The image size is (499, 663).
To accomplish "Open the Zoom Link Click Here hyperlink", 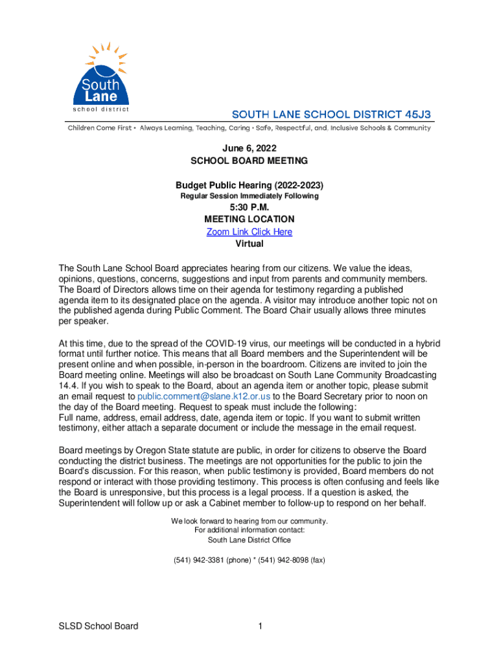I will [x=249, y=232].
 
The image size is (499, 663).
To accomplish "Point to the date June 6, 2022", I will [x=249, y=148].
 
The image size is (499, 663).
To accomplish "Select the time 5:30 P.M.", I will [x=249, y=207].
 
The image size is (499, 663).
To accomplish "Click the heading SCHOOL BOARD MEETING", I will [x=249, y=161].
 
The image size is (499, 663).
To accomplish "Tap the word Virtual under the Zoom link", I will [x=249, y=244].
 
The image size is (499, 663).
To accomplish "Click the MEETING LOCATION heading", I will [x=249, y=219].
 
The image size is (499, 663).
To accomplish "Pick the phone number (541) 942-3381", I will [x=198, y=560].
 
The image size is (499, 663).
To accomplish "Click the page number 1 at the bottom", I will [x=259, y=626].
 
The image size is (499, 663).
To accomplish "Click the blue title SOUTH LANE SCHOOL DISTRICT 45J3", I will [x=332, y=114].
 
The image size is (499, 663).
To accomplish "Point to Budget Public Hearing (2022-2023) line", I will [x=249, y=185].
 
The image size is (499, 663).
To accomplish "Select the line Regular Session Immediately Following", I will [x=249, y=196].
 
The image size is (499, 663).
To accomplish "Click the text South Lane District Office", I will [x=249, y=540].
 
